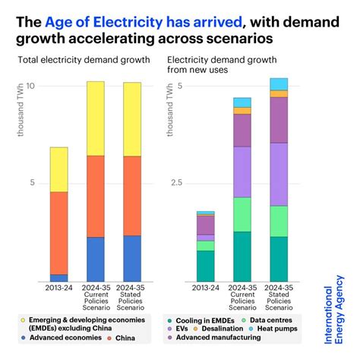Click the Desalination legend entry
(239, 330)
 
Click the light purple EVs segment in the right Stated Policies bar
(279, 174)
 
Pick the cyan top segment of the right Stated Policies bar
(279, 84)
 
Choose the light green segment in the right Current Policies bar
(242, 214)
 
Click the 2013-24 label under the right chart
(205, 289)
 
